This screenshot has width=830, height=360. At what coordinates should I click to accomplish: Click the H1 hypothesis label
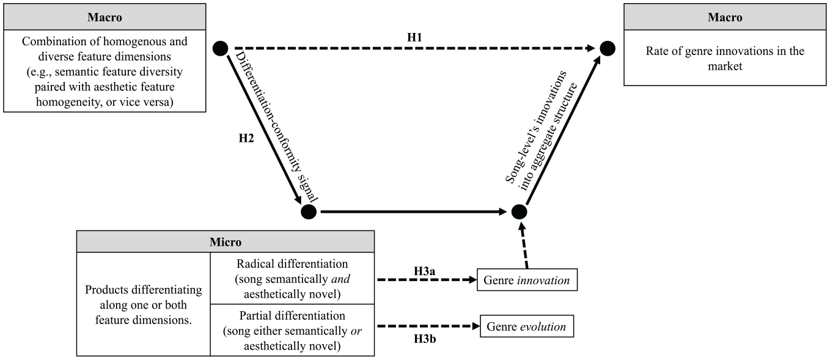414,37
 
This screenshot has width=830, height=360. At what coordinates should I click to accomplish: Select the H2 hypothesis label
246,138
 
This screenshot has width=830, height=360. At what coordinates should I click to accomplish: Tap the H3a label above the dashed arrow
424,271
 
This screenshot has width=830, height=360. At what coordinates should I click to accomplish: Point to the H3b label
425,339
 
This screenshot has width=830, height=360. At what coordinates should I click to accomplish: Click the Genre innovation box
527,280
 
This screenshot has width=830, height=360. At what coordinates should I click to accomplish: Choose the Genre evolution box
526,326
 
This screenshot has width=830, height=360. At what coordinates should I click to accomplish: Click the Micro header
226,242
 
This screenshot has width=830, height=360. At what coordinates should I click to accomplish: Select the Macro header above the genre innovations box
725,17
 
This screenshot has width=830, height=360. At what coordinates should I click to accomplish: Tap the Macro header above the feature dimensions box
105,17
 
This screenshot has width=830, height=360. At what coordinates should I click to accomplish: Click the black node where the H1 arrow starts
221,48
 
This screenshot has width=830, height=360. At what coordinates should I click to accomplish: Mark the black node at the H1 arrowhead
608,48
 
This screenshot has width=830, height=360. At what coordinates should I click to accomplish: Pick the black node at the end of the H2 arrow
309,212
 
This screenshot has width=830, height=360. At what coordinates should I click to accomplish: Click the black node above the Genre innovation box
519,212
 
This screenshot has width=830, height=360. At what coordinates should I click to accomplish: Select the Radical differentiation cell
292,279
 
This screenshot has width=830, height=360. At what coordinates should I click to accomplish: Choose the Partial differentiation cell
292,331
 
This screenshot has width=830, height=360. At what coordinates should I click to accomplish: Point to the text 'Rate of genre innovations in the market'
725,58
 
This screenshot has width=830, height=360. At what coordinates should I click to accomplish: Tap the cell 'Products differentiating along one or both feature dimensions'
144,304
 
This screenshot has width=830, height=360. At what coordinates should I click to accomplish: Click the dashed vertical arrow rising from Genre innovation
524,246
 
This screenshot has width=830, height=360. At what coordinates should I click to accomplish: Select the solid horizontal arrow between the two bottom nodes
414,212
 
